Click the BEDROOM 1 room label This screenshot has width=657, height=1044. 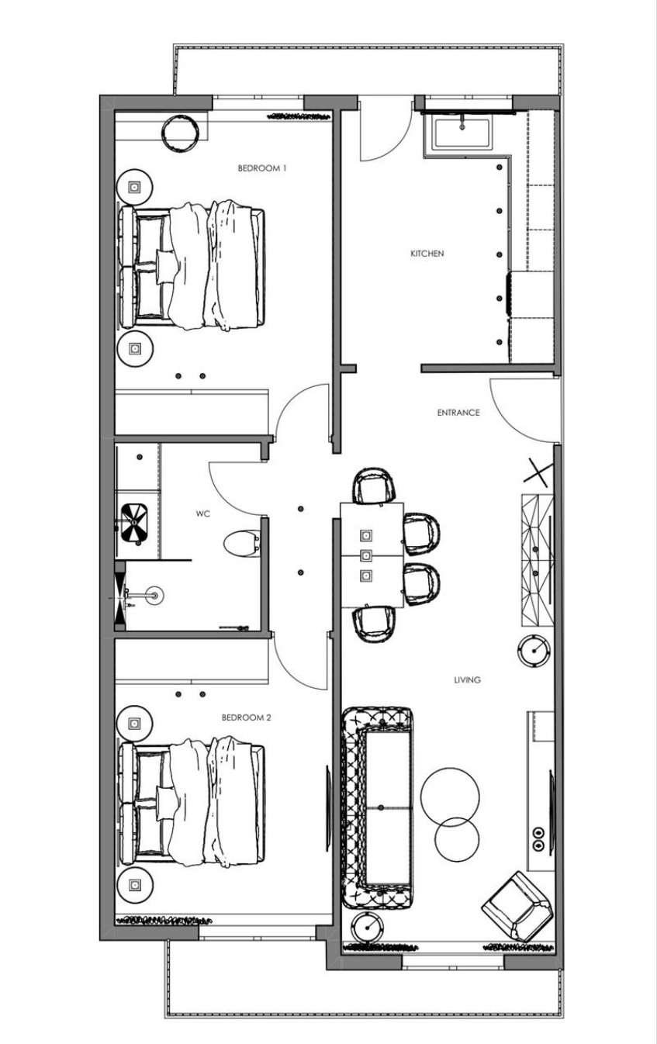pos(261,168)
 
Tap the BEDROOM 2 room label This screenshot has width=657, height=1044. pos(246,717)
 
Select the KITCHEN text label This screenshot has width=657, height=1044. pos(427,254)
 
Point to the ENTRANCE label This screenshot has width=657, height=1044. pos(458,413)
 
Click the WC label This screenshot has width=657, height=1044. pos(203,513)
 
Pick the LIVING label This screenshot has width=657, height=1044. pos(467,679)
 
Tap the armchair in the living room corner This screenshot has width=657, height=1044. pos(517,905)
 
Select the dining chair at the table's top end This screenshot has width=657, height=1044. pos(376,486)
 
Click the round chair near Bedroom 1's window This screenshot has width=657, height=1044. pos(181,133)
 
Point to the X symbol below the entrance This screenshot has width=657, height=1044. pos(540,470)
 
